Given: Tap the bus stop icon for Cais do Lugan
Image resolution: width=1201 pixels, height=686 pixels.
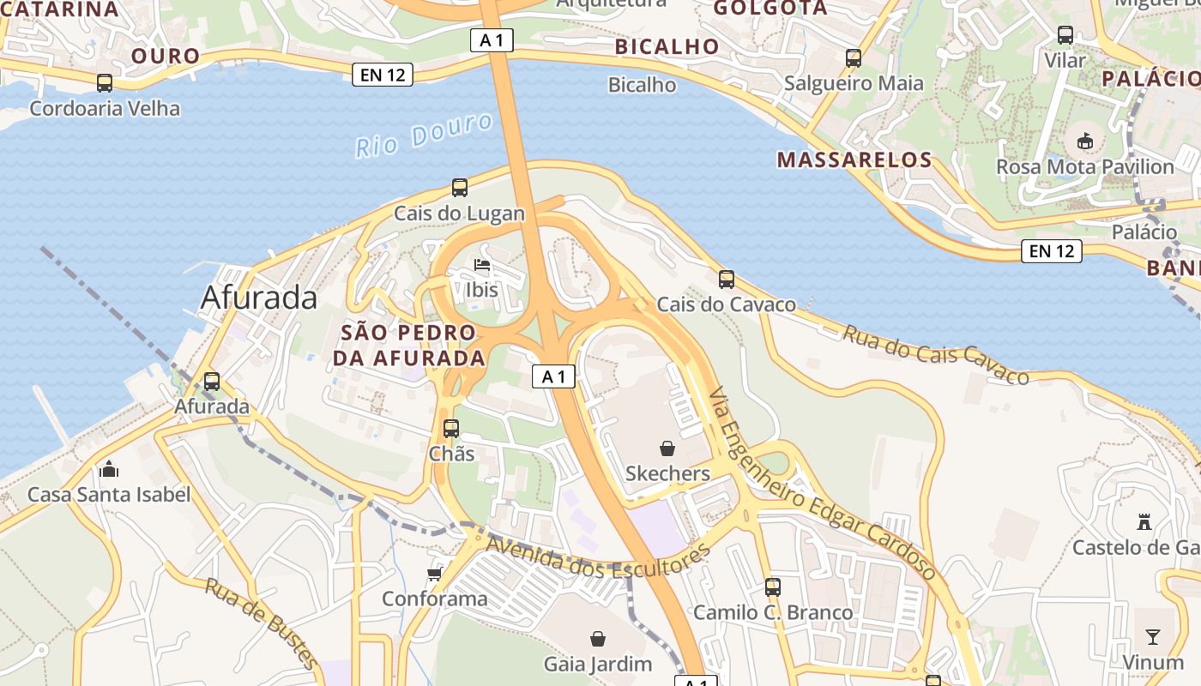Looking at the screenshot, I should pyautogui.click(x=460, y=187).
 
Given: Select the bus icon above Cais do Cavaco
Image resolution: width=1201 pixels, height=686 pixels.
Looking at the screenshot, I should pyautogui.click(x=727, y=279).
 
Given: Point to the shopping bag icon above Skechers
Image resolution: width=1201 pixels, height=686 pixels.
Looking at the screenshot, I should pyautogui.click(x=667, y=448).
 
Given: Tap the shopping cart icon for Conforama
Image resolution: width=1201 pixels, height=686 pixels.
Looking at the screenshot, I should pyautogui.click(x=435, y=573).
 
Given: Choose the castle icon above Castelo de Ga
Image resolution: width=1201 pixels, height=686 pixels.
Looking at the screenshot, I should pyautogui.click(x=1144, y=521).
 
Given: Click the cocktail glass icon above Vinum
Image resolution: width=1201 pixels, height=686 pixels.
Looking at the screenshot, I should pyautogui.click(x=1153, y=636).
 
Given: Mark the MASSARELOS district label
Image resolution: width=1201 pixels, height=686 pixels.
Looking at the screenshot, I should pyautogui.click(x=854, y=159).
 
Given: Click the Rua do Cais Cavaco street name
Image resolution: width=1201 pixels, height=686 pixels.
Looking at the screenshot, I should pyautogui.click(x=935, y=354).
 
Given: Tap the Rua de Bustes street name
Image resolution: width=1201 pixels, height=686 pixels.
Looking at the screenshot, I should pyautogui.click(x=262, y=623).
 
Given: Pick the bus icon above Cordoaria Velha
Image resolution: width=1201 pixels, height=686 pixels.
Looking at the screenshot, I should pyautogui.click(x=105, y=83).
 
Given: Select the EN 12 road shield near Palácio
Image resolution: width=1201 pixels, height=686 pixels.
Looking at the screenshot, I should pyautogui.click(x=1051, y=251).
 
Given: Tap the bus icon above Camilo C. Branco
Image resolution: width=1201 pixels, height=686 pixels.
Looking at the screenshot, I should pyautogui.click(x=773, y=587).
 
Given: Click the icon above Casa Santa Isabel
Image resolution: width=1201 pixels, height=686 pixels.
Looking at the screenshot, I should pyautogui.click(x=109, y=469).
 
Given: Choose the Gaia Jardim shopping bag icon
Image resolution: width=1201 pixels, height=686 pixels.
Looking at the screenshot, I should pyautogui.click(x=598, y=639).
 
